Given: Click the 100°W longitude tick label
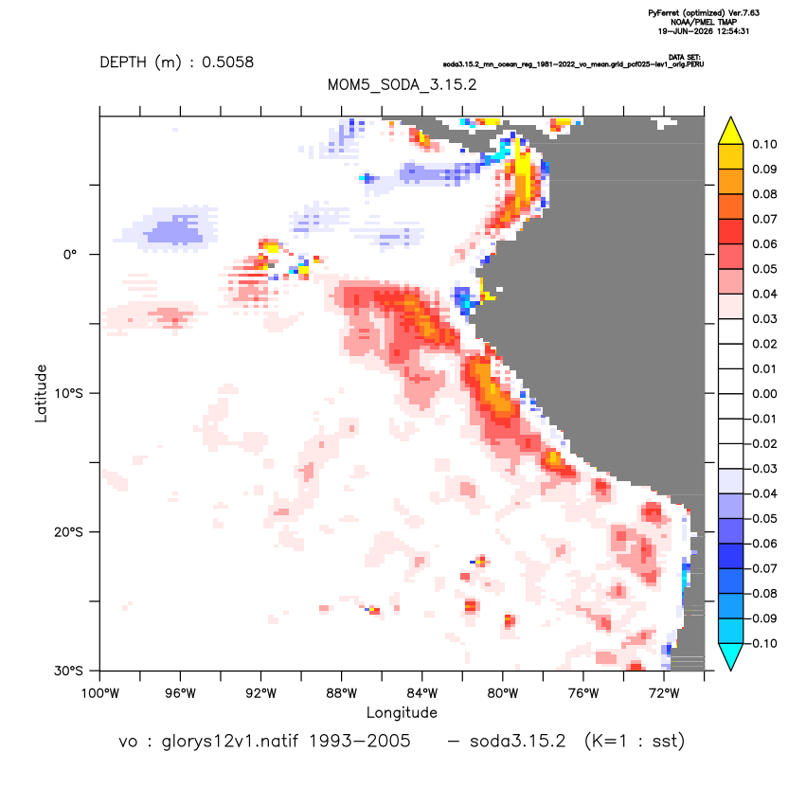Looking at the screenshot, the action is coord(100,694).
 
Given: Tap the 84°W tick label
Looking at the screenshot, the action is coord(422,694).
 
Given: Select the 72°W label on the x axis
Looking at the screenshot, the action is coord(664,694).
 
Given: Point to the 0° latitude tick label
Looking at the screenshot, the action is coord(70,255).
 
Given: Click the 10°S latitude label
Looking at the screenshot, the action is coord(68,393).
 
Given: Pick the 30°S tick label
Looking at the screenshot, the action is coord(68,671).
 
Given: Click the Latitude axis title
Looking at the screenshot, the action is coord(41,393).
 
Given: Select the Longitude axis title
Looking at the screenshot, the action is coord(402,712).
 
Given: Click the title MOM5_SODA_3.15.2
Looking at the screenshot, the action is coord(402,84).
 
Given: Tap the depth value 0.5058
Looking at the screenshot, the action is coord(227,63).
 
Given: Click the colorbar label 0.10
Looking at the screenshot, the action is coord(764,145).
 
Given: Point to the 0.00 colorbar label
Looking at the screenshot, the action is coord(764,394).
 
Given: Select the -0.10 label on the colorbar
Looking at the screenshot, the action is coord(761,644).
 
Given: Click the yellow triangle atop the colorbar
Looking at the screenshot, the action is coord(731,132).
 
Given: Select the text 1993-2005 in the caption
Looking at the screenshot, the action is coord(359,742).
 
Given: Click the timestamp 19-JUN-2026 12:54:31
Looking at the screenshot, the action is coord(704,31).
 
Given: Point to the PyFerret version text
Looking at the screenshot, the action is coord(704,13).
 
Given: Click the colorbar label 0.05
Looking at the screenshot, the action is coord(764,269).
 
